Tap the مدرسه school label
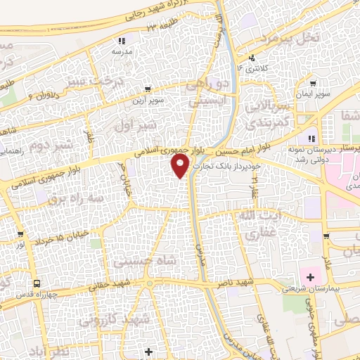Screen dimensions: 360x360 [x=122, y=51]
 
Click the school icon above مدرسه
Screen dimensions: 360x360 [x=122, y=41]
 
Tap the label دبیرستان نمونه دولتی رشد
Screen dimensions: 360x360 [x=315, y=155]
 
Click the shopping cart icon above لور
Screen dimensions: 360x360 [x=21, y=234]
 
